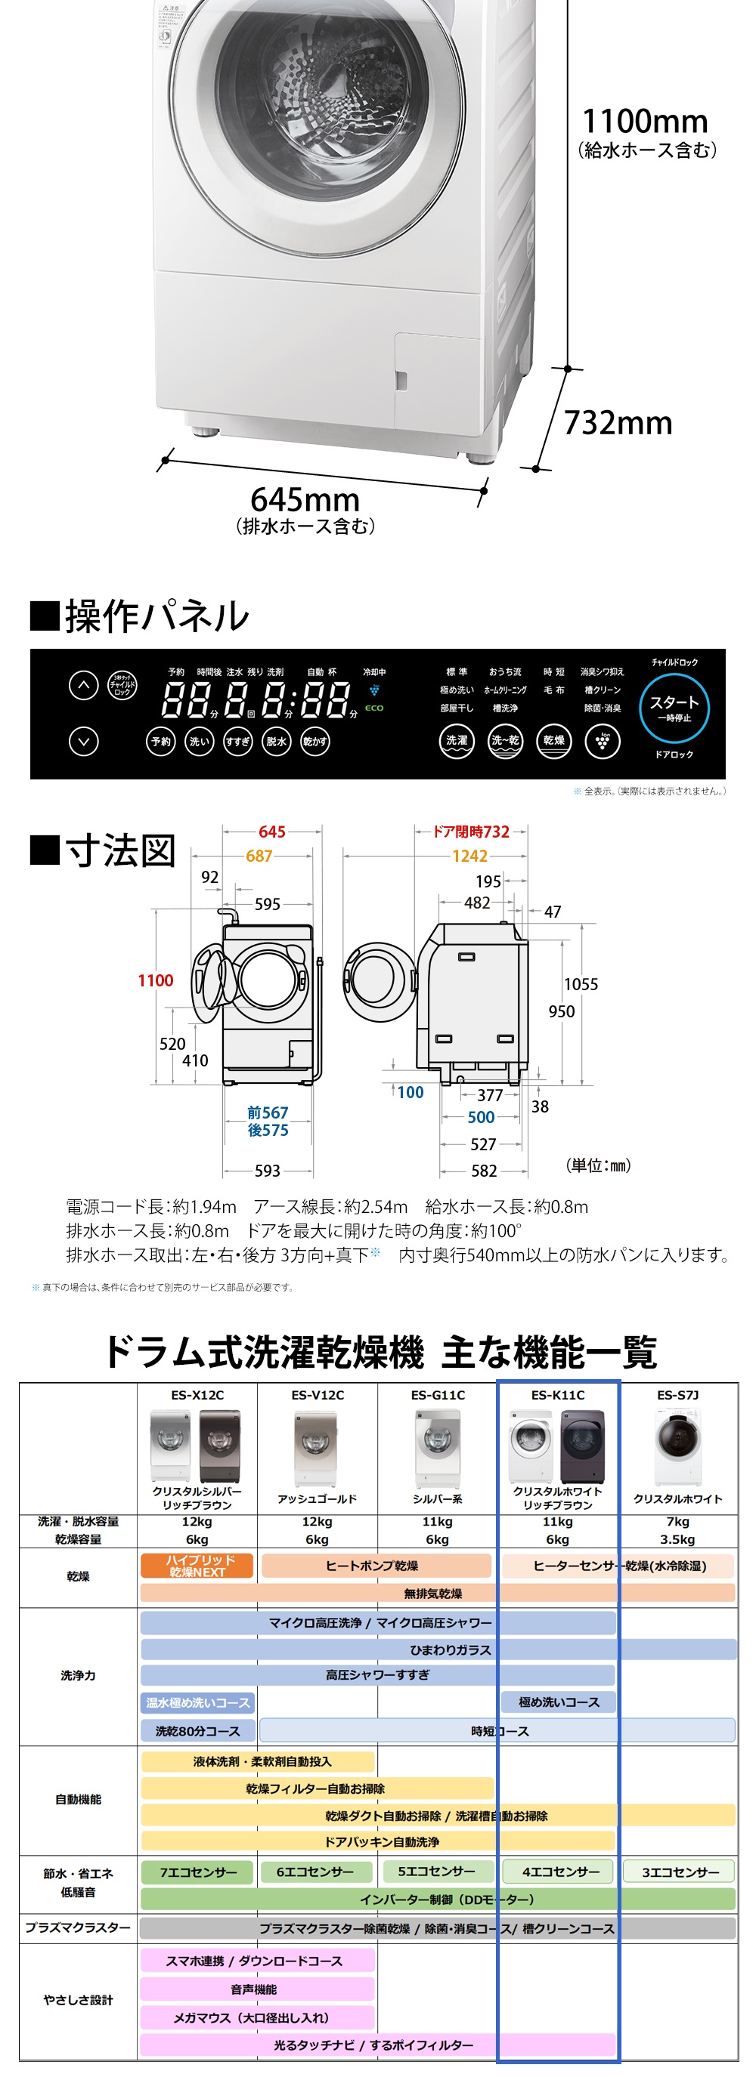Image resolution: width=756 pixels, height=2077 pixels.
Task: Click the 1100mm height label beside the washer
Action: coord(645,122)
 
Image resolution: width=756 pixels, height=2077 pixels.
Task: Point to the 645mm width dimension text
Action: coord(305,500)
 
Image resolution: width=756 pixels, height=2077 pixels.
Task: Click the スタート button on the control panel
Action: coord(674,707)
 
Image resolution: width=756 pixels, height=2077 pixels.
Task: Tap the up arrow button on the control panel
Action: coord(83,685)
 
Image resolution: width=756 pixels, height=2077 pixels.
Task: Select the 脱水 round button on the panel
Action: coord(276,741)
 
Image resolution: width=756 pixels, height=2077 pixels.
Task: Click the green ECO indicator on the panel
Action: coord(374,708)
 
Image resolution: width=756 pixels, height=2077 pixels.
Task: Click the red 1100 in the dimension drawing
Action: coord(156,980)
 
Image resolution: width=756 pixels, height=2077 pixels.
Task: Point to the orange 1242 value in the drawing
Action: coord(469,856)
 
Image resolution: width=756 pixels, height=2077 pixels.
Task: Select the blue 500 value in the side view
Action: coord(481,1118)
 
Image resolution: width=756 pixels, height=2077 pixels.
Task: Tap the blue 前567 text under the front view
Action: coord(268,1113)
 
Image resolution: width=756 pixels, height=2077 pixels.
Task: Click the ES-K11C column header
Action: coord(557,1395)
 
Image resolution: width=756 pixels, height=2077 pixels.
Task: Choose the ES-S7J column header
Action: coord(677,1395)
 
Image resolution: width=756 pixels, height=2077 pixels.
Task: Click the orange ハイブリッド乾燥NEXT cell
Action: coord(197,1566)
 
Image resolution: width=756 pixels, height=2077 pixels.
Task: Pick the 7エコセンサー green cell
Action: coord(197,1872)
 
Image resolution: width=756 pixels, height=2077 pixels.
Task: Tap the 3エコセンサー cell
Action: coord(680,1872)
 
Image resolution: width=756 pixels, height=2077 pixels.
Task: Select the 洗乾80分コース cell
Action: coord(197,1731)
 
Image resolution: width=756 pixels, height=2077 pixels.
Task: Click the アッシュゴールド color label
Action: coord(317,1499)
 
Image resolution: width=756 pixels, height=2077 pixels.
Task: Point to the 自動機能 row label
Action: coord(79,1800)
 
